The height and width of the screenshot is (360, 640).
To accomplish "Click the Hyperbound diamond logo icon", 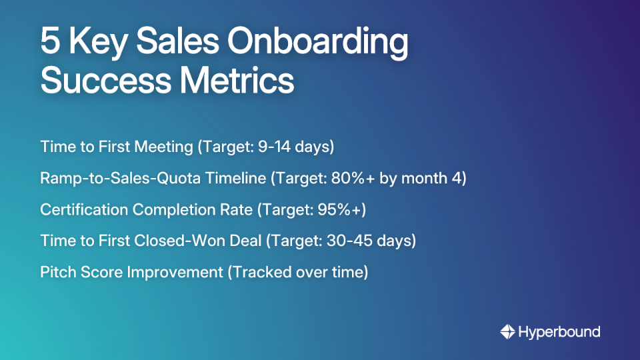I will coord(508,332).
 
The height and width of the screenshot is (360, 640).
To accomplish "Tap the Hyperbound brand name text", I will coord(559,332).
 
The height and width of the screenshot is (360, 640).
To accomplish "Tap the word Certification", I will coord(84,209).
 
